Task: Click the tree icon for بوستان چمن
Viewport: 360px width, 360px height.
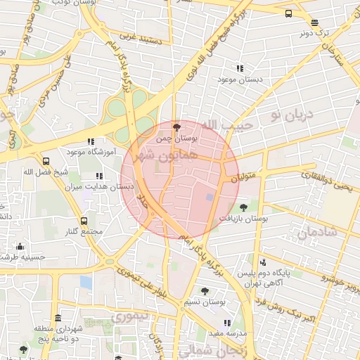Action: [175, 127]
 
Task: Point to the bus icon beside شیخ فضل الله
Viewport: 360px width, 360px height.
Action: [46, 160]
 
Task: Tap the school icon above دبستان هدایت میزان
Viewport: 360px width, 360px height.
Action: [99, 176]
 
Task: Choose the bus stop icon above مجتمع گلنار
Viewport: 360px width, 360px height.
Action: [85, 221]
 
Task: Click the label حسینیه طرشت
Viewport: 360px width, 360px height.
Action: [21, 257]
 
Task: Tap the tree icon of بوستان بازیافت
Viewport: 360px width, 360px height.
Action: [243, 207]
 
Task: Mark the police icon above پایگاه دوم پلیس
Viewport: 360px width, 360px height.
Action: [263, 262]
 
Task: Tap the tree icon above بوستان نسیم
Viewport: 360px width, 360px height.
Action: [205, 290]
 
